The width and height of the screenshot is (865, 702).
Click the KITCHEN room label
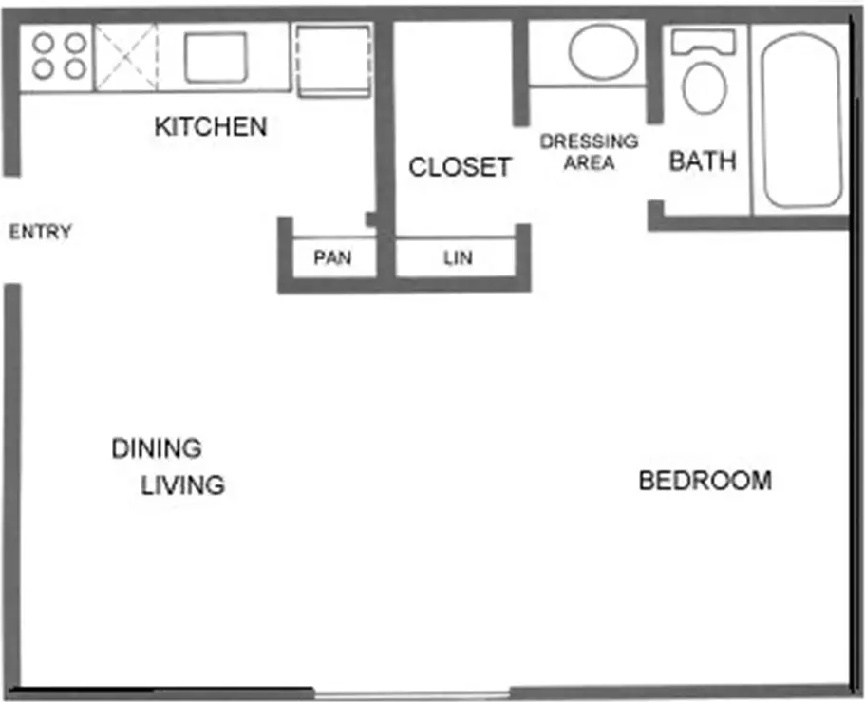(x=211, y=126)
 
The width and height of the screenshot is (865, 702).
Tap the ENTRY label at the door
(x=40, y=231)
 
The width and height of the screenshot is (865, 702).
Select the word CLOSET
(x=461, y=167)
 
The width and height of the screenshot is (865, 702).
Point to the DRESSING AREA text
(x=590, y=152)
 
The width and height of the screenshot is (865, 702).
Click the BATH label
(x=703, y=161)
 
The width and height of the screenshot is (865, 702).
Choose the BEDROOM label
(x=705, y=480)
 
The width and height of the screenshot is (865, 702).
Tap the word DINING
(x=157, y=448)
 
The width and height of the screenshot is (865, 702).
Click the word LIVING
(x=182, y=485)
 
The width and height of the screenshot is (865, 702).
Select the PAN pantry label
(x=332, y=257)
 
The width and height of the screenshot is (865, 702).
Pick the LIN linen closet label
(x=458, y=257)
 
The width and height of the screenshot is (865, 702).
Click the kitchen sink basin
(x=216, y=57)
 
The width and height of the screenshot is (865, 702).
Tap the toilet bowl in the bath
(x=705, y=88)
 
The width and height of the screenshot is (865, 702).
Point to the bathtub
(x=801, y=121)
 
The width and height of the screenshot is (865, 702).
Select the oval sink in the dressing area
(x=604, y=51)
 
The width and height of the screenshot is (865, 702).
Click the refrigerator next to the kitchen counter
(x=333, y=61)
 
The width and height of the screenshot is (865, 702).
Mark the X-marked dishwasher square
(x=126, y=57)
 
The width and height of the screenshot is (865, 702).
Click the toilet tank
(x=704, y=43)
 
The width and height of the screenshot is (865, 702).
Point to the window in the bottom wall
(x=411, y=694)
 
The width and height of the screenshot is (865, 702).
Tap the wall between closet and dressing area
(x=520, y=72)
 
